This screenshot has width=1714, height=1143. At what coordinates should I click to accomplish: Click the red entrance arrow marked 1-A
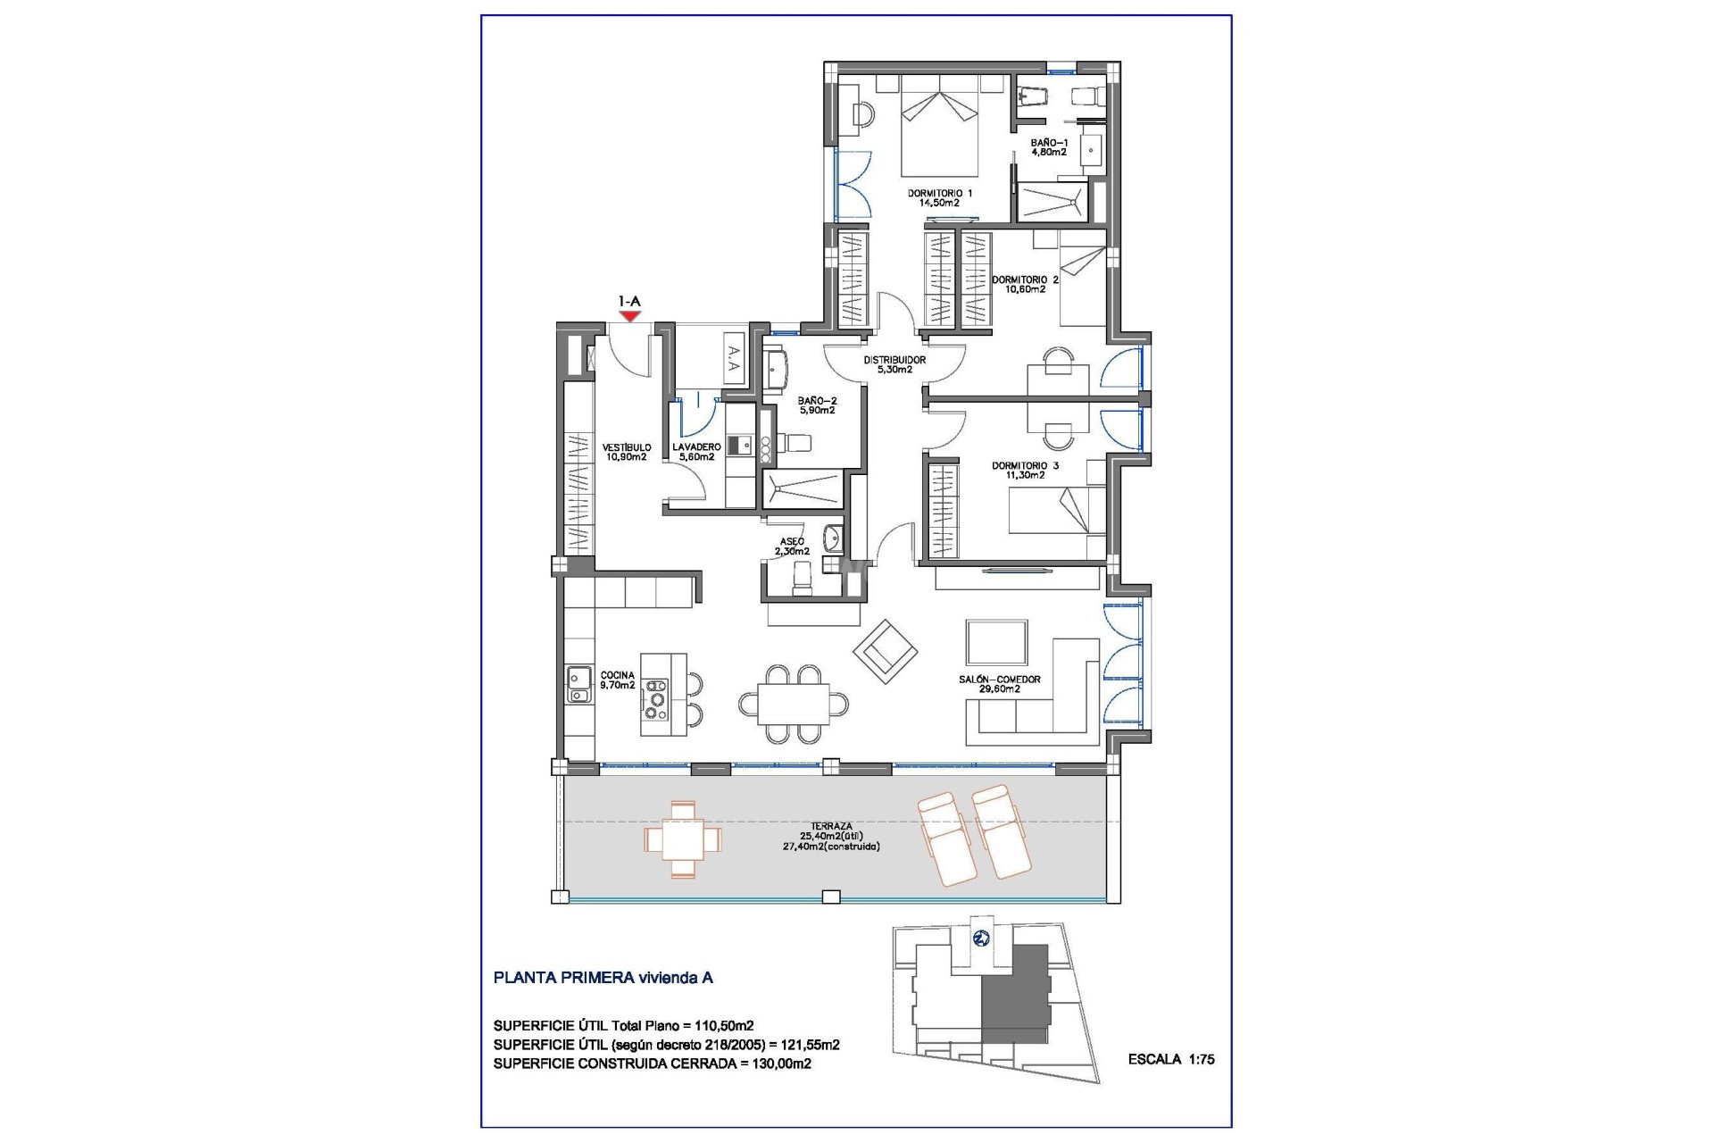click(x=630, y=315)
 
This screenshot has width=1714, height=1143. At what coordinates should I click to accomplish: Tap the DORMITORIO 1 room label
click(x=939, y=197)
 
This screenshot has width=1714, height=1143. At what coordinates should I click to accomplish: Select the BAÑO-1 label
click(x=1048, y=147)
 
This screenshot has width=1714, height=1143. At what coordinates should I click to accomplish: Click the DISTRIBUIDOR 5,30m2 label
click(x=894, y=364)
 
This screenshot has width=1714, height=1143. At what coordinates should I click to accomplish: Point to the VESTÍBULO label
click(x=626, y=452)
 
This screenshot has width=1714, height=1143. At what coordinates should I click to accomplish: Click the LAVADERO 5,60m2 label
click(x=696, y=452)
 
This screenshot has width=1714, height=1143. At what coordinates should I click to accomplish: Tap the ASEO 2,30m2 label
click(x=792, y=546)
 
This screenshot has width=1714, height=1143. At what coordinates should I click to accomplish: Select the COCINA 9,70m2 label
click(x=617, y=680)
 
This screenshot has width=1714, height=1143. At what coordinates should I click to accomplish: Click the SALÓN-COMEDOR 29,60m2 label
click(x=1000, y=684)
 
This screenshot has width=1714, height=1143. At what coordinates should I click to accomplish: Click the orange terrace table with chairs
click(x=683, y=839)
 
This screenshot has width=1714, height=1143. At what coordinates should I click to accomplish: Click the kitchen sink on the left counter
click(x=578, y=685)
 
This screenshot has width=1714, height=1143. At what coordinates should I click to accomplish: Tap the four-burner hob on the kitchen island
click(x=656, y=699)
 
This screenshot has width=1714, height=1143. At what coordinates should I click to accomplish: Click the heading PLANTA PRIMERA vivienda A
click(x=603, y=978)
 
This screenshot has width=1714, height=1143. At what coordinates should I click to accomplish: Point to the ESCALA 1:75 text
click(x=1170, y=1059)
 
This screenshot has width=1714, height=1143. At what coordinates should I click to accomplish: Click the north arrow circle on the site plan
click(x=981, y=938)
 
